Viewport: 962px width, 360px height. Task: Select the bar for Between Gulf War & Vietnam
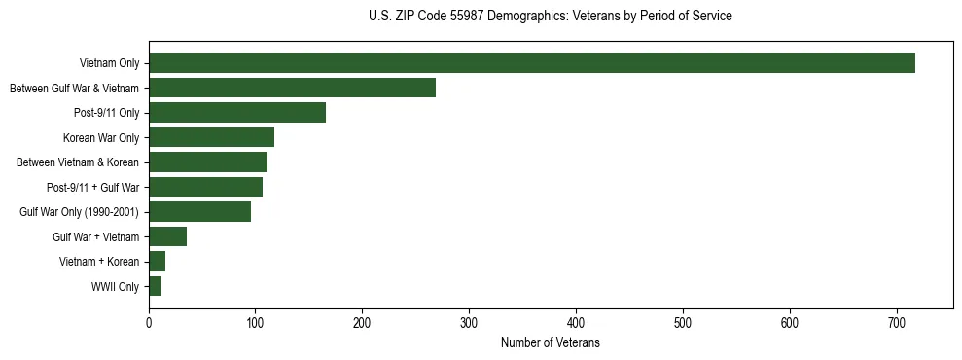coord(292,89)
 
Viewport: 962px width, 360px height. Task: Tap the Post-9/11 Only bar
coord(237,113)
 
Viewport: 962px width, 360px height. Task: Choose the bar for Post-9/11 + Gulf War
coord(205,187)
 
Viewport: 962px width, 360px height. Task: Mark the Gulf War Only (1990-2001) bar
coord(199,212)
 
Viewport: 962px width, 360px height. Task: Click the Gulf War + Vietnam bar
coord(167,236)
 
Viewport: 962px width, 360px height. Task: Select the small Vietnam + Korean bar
coord(157,262)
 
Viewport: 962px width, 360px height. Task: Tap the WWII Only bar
coord(155,286)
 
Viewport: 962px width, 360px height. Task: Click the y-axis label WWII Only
coord(115,287)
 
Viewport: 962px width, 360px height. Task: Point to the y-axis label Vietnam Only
coord(109,64)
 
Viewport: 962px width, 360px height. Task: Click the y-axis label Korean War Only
coord(101,138)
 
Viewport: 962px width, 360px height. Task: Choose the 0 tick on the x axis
coord(149,321)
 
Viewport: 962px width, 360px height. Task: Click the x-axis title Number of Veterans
coord(550,342)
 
